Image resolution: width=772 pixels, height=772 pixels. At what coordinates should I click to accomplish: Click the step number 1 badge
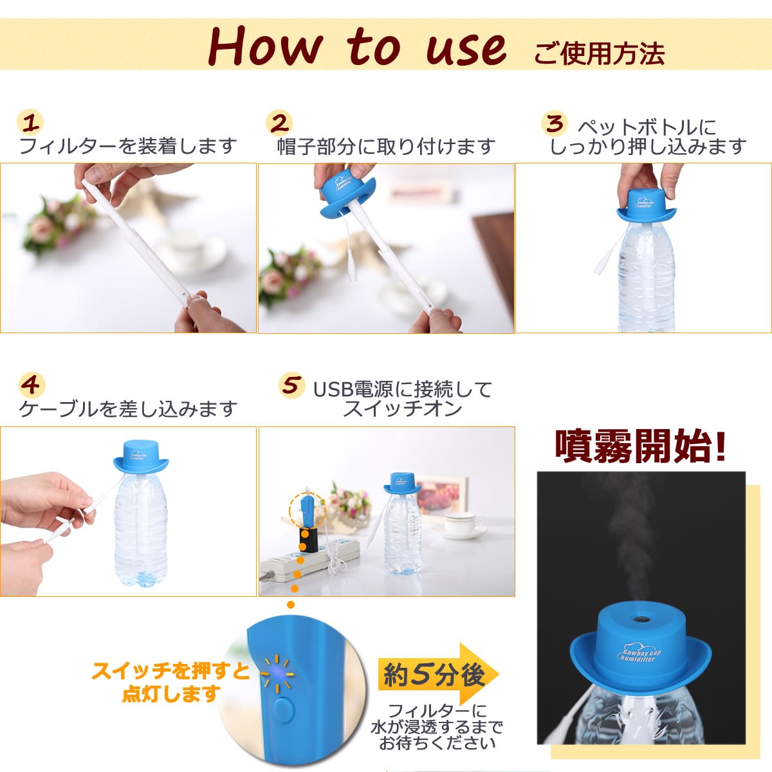(30, 123)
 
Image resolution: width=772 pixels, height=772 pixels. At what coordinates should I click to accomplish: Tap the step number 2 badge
(279, 123)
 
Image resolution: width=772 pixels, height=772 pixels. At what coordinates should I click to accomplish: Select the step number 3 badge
(555, 123)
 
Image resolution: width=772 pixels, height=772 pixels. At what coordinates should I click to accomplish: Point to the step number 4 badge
(32, 385)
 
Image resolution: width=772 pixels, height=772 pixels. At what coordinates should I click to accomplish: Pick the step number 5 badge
(291, 385)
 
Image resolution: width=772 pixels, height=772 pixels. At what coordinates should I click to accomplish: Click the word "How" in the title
(265, 46)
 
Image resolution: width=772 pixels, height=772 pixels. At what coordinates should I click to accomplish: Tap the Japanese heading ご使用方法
(600, 53)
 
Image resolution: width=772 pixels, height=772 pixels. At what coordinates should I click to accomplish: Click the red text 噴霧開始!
(640, 446)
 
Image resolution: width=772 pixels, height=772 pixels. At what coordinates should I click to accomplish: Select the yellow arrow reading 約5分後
(439, 675)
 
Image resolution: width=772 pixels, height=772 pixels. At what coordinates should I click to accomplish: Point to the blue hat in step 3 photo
(645, 207)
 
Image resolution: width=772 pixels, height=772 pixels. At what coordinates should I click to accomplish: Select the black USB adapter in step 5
(306, 538)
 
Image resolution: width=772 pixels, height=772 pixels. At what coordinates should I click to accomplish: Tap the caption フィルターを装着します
(128, 146)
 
